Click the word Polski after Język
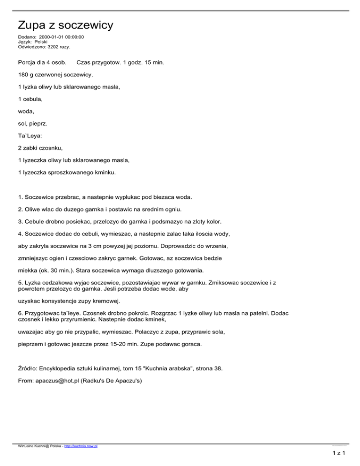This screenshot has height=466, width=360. click(x=44, y=42)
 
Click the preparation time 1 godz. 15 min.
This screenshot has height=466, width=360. click(x=140, y=62)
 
